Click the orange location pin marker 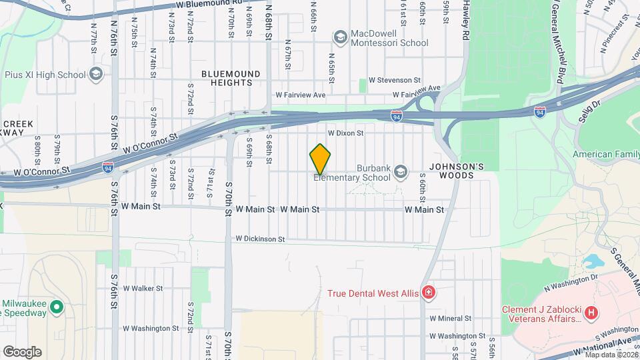pos(320,159)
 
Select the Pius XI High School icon pos(95,74)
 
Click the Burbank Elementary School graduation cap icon pos(400,172)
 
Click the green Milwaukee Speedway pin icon pos(57,308)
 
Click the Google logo pos(22,351)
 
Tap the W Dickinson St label pos(259,239)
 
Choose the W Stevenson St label pos(395,80)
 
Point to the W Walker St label pos(142,289)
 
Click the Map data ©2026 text pos(611,354)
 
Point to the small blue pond pos(589,260)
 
